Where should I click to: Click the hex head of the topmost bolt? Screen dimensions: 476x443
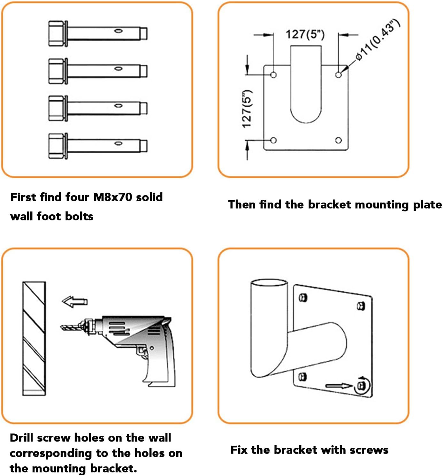[x=57, y=34]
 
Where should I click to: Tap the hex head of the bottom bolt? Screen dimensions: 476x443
[x=57, y=146]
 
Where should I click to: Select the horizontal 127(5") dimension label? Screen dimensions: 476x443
[x=305, y=34]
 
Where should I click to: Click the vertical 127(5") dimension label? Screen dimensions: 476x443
[x=247, y=109]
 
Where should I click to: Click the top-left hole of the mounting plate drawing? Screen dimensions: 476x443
[x=273, y=75]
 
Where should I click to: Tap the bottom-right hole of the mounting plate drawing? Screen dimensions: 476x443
[x=339, y=140]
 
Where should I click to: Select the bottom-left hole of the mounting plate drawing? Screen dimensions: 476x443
[x=273, y=140]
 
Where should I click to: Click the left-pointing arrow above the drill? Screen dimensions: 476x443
[x=74, y=302]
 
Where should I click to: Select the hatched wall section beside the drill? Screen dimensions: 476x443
[x=34, y=338]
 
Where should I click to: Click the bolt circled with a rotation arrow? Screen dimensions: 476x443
[x=362, y=385]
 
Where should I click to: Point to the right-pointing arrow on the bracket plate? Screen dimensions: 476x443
[x=339, y=386]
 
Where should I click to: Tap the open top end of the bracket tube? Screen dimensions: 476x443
[x=269, y=283]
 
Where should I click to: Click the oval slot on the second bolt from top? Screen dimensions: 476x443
[x=118, y=68]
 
